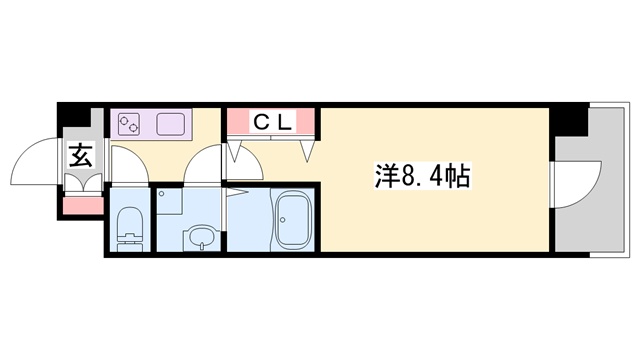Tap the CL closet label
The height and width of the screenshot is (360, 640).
coord(271,122)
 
